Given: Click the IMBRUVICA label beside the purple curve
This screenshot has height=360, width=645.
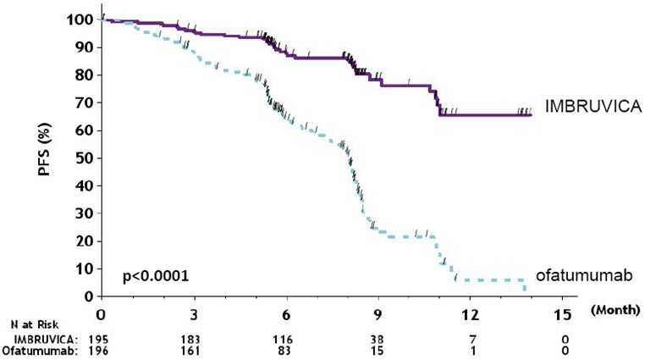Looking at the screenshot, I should pos(587,107).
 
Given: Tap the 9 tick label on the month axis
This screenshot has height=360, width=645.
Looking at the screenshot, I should pos(378,313).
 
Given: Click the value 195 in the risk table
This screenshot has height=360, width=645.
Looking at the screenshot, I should pos(101,338).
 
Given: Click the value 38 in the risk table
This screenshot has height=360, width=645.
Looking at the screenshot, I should pos(378,338).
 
